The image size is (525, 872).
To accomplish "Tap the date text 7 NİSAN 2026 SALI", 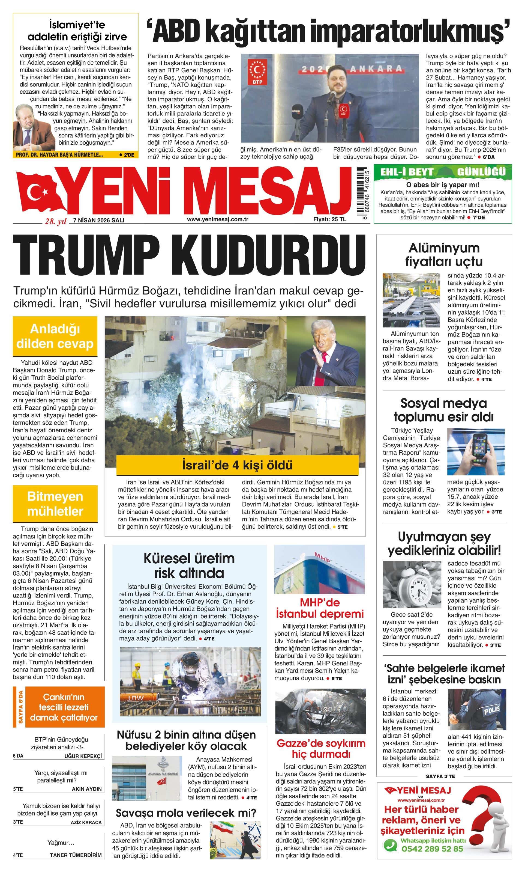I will tap(99, 220).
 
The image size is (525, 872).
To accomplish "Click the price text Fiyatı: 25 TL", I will tap(329, 219).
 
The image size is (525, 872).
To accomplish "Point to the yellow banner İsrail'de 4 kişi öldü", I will tap(237, 465).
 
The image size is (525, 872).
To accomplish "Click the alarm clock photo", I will tap(412, 584).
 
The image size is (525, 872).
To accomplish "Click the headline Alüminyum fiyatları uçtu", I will tap(444, 254).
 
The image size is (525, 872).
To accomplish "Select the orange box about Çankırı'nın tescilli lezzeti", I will tap(64, 707).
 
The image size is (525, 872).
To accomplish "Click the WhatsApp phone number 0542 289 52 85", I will tap(432, 848).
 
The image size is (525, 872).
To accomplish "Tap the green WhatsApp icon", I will tap(391, 846).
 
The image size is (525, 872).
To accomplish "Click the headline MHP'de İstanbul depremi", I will tap(320, 608).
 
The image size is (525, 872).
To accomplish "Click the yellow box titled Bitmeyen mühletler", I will tap(55, 504).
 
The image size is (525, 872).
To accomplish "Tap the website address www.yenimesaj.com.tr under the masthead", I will tap(217, 219).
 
